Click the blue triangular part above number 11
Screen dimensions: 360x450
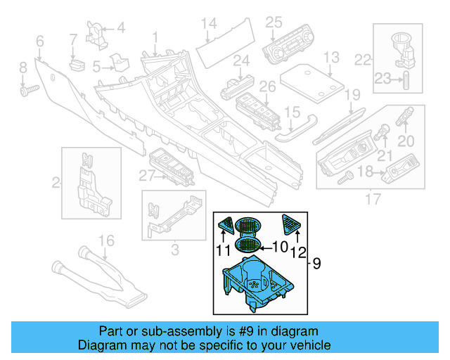pyautogui.click(x=226, y=226)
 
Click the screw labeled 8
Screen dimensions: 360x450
pyautogui.click(x=29, y=90)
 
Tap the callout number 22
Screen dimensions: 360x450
pyautogui.click(x=362, y=58)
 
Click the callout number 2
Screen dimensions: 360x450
pyautogui.click(x=56, y=184)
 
